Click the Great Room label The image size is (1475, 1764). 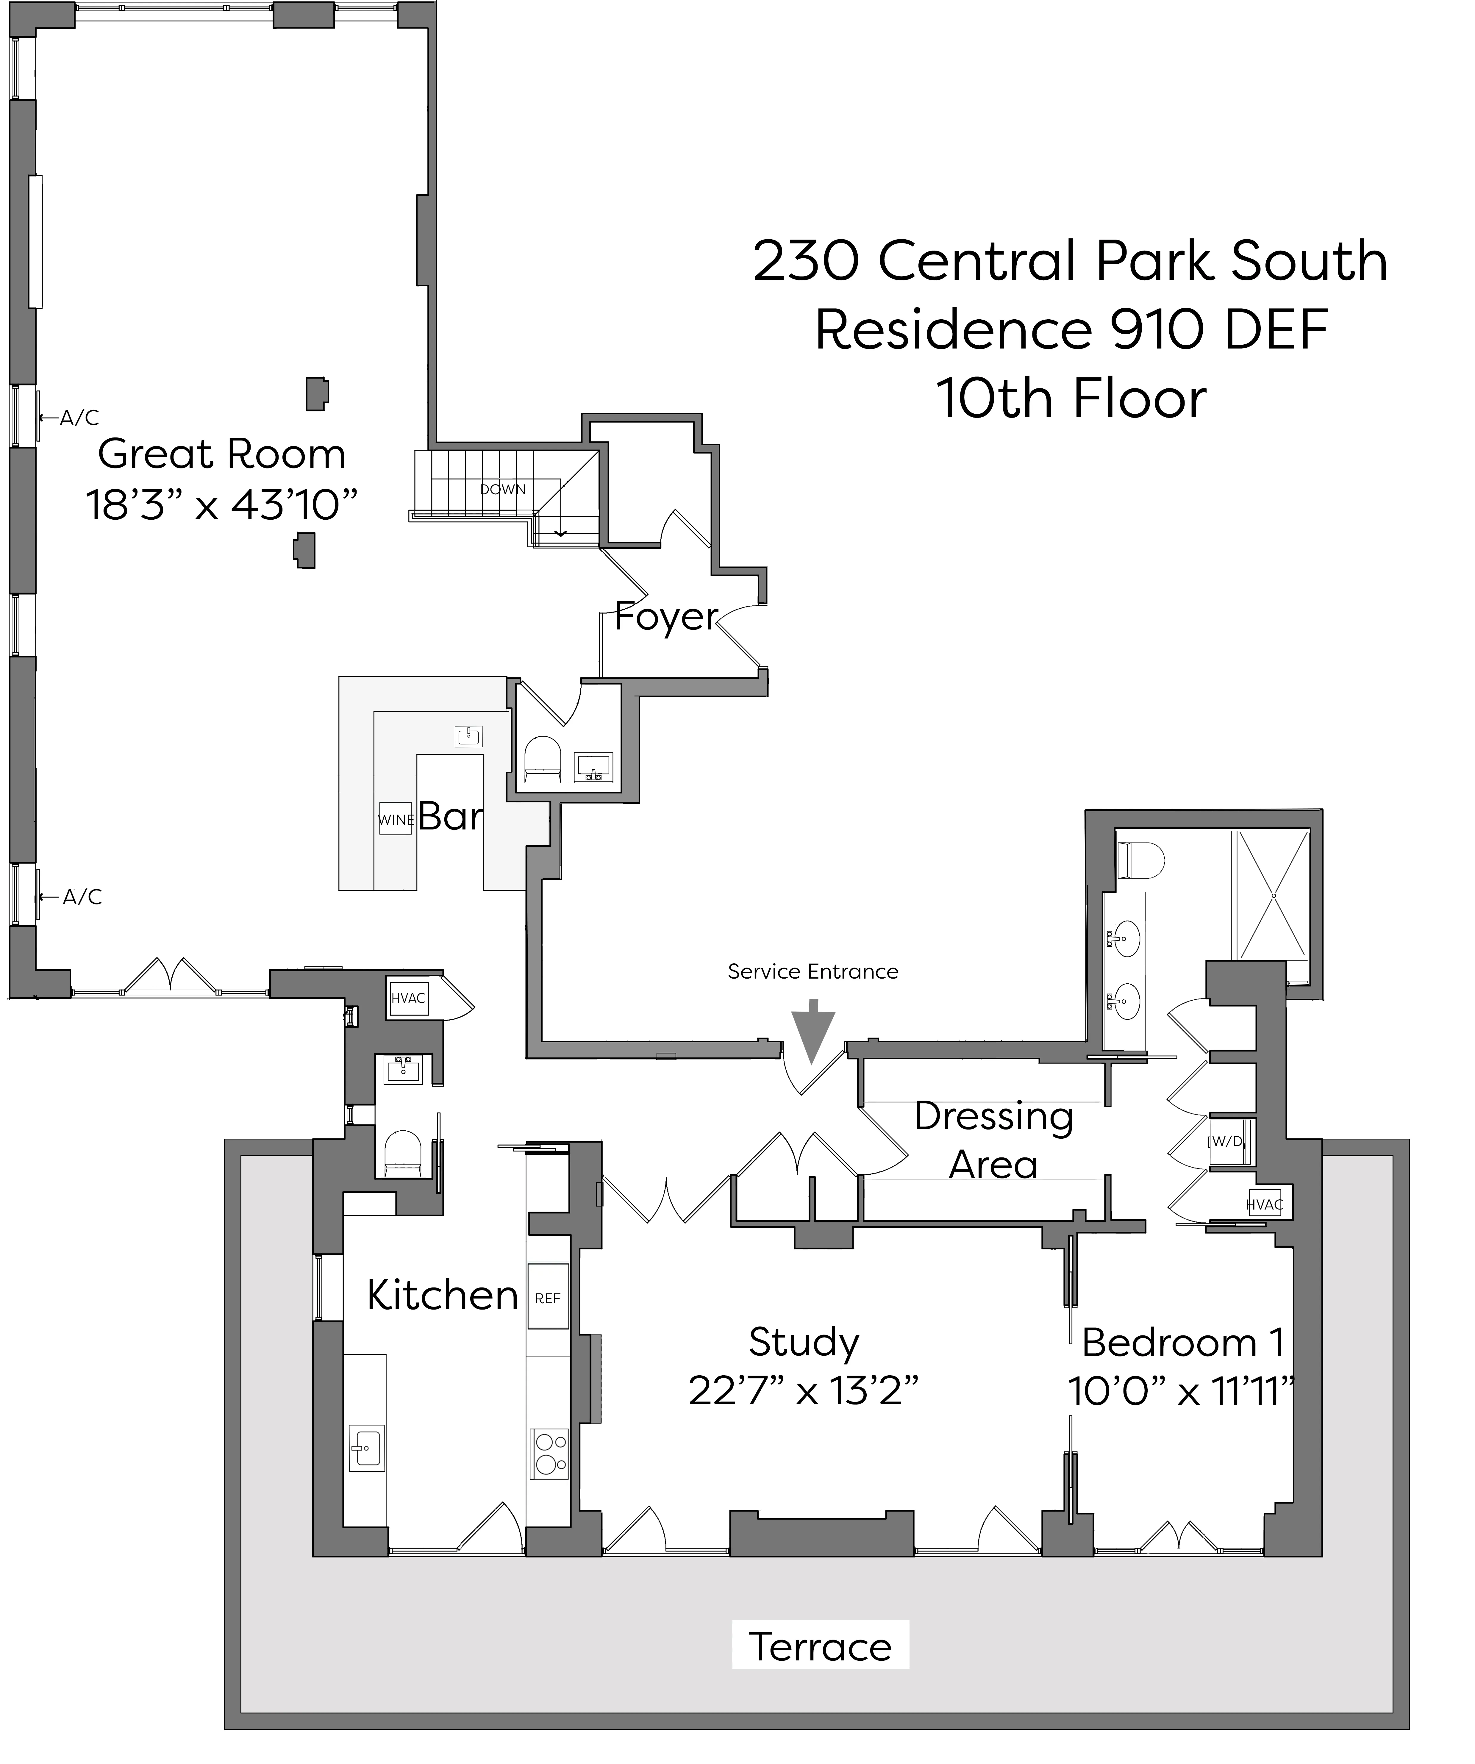pyautogui.click(x=222, y=454)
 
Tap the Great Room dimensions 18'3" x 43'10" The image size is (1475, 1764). pyautogui.click(x=222, y=506)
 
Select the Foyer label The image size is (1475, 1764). pyautogui.click(x=665, y=617)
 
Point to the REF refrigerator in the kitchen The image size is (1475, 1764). pyautogui.click(x=548, y=1298)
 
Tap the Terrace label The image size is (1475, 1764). pyautogui.click(x=820, y=1647)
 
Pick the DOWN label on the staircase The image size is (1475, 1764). pyautogui.click(x=502, y=489)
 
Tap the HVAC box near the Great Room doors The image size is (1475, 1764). pyautogui.click(x=408, y=998)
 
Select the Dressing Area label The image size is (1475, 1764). pyautogui.click(x=994, y=1140)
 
